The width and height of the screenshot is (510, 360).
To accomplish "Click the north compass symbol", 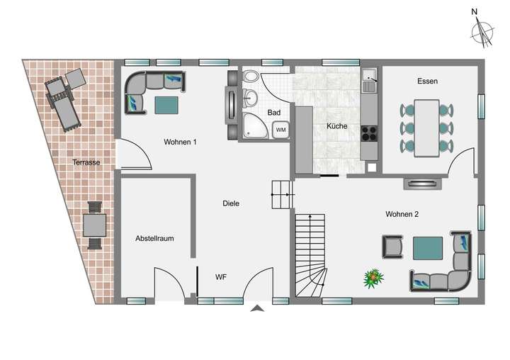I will [484, 29].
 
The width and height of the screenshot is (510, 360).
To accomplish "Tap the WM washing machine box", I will [281, 130].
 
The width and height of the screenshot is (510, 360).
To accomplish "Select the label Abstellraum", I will [154, 239].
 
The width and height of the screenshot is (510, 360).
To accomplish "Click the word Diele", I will [231, 203].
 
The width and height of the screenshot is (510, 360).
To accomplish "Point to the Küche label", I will [336, 126].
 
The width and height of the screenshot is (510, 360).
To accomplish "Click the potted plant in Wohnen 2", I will [371, 278].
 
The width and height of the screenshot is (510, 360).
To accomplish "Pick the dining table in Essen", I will [426, 128].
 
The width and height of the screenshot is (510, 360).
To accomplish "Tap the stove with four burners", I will [370, 133].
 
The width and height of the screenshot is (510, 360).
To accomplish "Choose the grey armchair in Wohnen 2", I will [392, 247].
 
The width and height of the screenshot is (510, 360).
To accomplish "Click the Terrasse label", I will [86, 163].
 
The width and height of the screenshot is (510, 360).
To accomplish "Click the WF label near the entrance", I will [221, 277].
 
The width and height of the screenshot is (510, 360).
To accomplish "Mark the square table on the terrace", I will [94, 225].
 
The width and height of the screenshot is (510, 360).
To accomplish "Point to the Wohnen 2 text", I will [402, 213].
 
